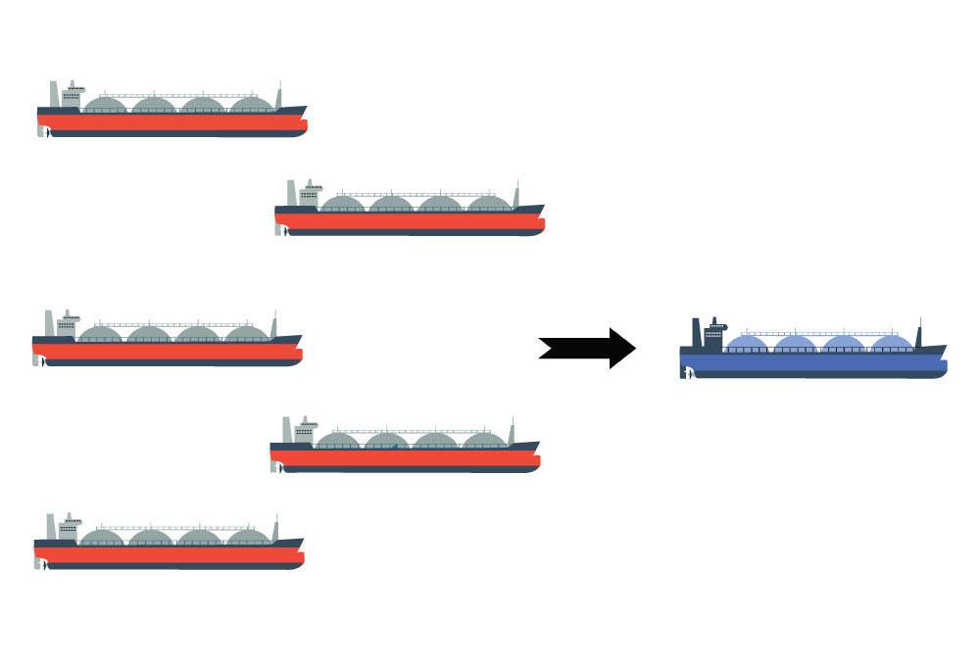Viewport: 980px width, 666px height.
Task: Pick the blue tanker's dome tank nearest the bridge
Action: (x=748, y=343)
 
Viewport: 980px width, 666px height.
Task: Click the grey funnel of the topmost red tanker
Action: (x=55, y=95)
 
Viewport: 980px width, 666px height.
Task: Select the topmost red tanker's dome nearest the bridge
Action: (x=106, y=104)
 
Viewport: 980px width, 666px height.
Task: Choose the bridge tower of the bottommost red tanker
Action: (x=69, y=527)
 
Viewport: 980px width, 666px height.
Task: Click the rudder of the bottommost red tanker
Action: (x=40, y=564)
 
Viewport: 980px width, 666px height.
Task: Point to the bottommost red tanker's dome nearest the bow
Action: (x=247, y=537)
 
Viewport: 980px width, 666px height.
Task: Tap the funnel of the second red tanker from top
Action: (x=292, y=194)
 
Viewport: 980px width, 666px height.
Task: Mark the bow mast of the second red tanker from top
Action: (x=515, y=195)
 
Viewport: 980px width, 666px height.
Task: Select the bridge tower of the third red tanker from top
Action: (x=67, y=324)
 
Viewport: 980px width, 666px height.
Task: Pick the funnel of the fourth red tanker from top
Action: (x=288, y=430)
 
